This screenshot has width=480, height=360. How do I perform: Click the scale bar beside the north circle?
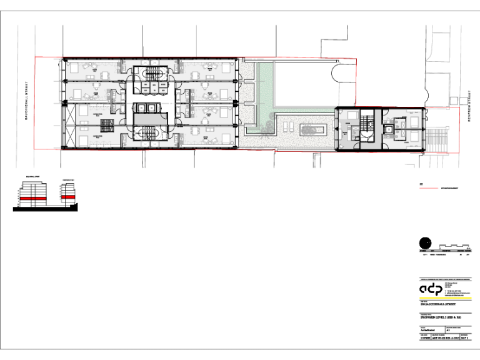(452, 245)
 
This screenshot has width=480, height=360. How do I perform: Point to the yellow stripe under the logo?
(443, 298)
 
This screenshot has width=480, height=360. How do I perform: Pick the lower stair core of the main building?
(148, 134)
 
